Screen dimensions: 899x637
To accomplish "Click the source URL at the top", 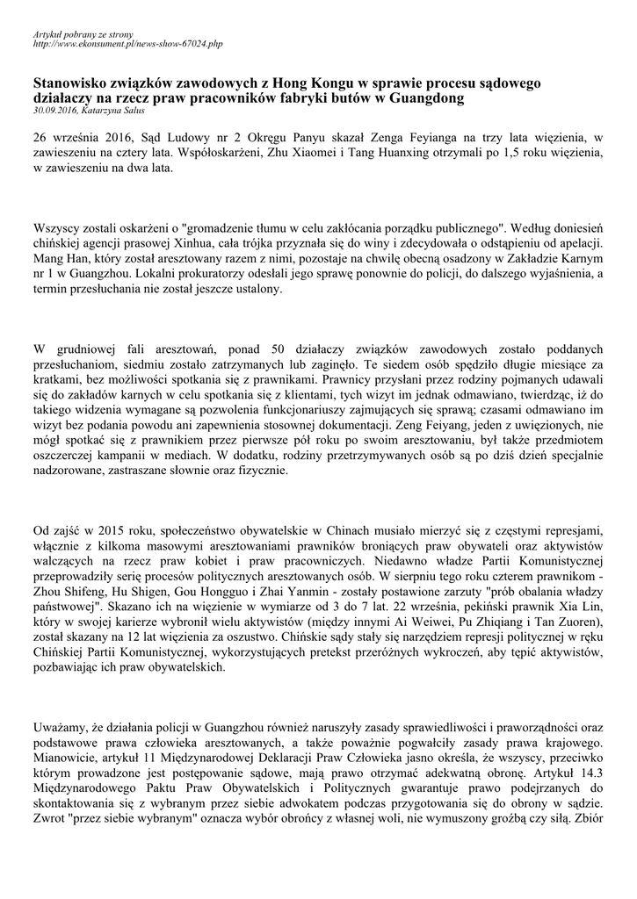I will click(x=127, y=42).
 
